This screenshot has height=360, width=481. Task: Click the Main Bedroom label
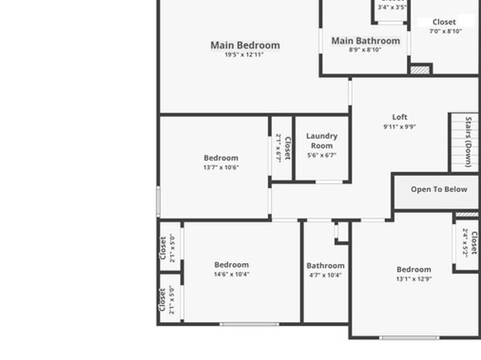pyautogui.click(x=245, y=45)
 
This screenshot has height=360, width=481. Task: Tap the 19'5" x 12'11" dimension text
pyautogui.click(x=245, y=55)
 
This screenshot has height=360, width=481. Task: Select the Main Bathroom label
pyautogui.click(x=366, y=41)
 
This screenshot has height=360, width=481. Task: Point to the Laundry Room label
pyautogui.click(x=322, y=140)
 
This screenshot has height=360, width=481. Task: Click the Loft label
pyautogui.click(x=399, y=117)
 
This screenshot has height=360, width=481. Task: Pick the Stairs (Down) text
pyautogui.click(x=468, y=142)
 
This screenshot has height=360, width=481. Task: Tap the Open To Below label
pyautogui.click(x=439, y=190)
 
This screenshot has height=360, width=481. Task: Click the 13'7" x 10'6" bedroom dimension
pyautogui.click(x=221, y=168)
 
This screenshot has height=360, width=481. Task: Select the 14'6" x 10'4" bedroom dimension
pyautogui.click(x=232, y=274)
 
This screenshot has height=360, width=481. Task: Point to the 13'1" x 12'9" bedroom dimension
pyautogui.click(x=414, y=279)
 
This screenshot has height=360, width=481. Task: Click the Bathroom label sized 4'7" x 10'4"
pyautogui.click(x=325, y=266)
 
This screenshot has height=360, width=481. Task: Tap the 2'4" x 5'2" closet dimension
pyautogui.click(x=466, y=243)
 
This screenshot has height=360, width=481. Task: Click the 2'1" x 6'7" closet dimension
pyautogui.click(x=278, y=148)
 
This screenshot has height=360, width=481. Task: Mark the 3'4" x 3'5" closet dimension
pyautogui.click(x=392, y=7)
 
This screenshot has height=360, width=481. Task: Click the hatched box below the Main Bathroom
pyautogui.click(x=420, y=70)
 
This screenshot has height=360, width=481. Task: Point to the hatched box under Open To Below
pyautogui.click(x=467, y=214)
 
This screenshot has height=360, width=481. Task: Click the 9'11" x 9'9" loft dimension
pyautogui.click(x=399, y=127)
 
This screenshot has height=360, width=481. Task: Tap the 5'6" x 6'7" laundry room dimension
pyautogui.click(x=322, y=155)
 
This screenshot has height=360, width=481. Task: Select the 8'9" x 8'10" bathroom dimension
pyautogui.click(x=365, y=50)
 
